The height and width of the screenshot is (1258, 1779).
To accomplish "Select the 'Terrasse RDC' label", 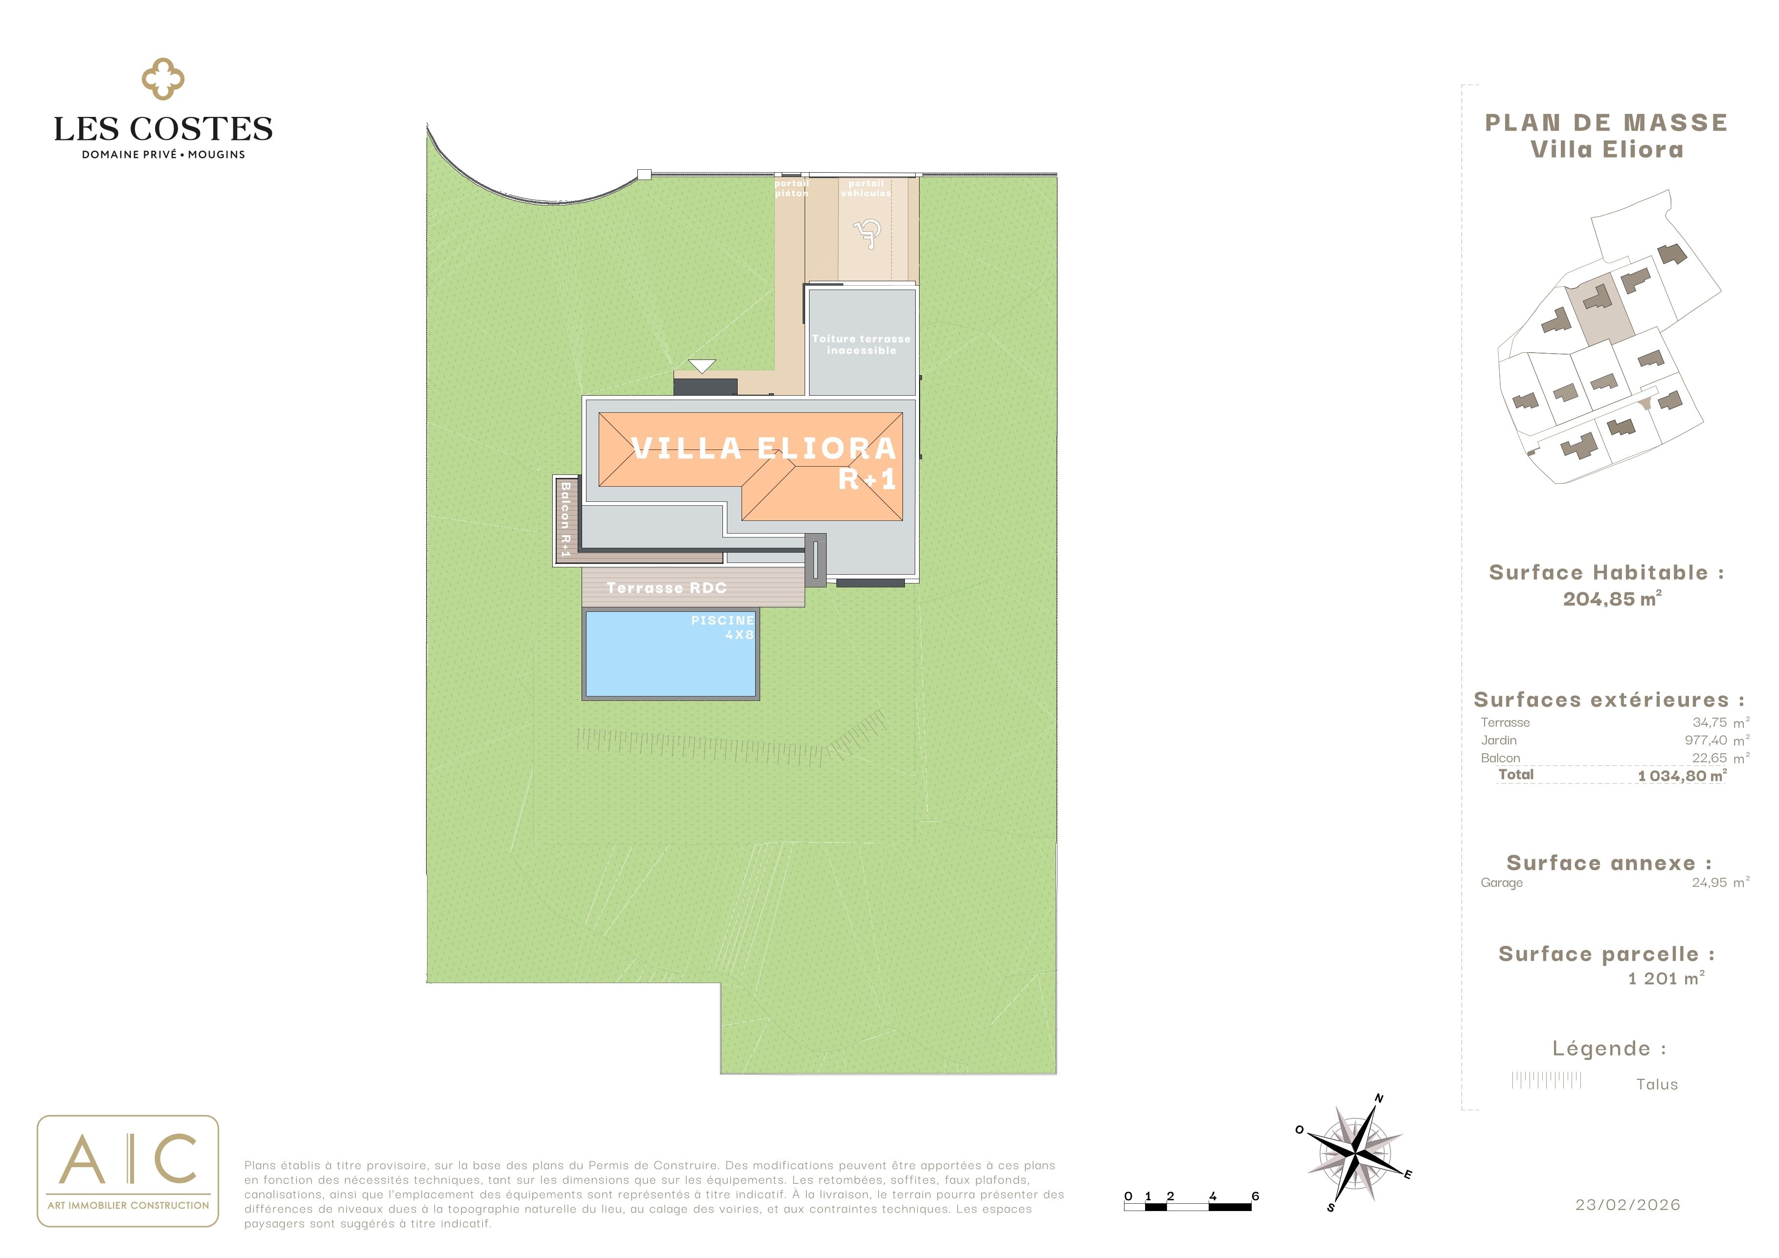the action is pos(666,588).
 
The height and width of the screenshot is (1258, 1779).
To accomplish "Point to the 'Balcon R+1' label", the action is pos(565,518).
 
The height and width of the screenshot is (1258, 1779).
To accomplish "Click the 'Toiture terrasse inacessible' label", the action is pos(861,345).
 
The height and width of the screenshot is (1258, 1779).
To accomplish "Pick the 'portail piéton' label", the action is pos(791,188).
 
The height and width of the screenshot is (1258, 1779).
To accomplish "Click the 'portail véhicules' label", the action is pos(866,188).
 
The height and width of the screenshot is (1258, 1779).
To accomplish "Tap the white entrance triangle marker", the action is pos(702,366).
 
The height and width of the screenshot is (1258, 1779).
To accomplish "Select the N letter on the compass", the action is pos(1379,1098).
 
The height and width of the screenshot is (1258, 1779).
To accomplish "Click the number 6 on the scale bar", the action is pos(1255,1196).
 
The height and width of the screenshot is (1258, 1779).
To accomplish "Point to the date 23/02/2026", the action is pos(1628,1205).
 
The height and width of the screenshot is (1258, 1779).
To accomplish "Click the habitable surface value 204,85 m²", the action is pos(1612,599).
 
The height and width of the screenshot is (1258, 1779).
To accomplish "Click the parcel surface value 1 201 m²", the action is pos(1666,978).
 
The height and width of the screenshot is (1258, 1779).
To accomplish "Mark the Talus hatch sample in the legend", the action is pos(1547,1080).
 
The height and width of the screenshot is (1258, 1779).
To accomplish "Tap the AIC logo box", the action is pos(128,1170).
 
